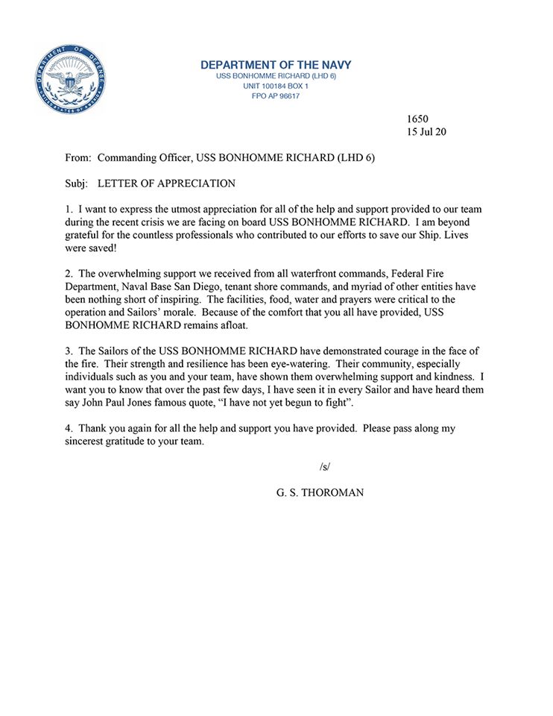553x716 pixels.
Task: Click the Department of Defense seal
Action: click(x=69, y=80)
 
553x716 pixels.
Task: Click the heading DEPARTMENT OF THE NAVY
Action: click(x=276, y=65)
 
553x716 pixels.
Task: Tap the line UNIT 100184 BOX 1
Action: click(x=276, y=86)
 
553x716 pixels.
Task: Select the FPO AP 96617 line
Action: click(x=276, y=95)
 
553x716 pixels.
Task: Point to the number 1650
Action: click(x=417, y=119)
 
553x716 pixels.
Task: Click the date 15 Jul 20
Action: click(x=426, y=132)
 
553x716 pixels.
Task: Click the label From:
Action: click(x=78, y=158)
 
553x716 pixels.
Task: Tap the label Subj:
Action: click(x=77, y=183)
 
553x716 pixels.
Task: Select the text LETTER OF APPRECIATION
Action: click(x=166, y=183)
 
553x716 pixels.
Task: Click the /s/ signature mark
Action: click(x=324, y=467)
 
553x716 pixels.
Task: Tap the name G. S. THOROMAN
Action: click(x=320, y=493)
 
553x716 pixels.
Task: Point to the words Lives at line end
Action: click(x=456, y=235)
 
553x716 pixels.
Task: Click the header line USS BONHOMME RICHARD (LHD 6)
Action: click(x=276, y=76)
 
